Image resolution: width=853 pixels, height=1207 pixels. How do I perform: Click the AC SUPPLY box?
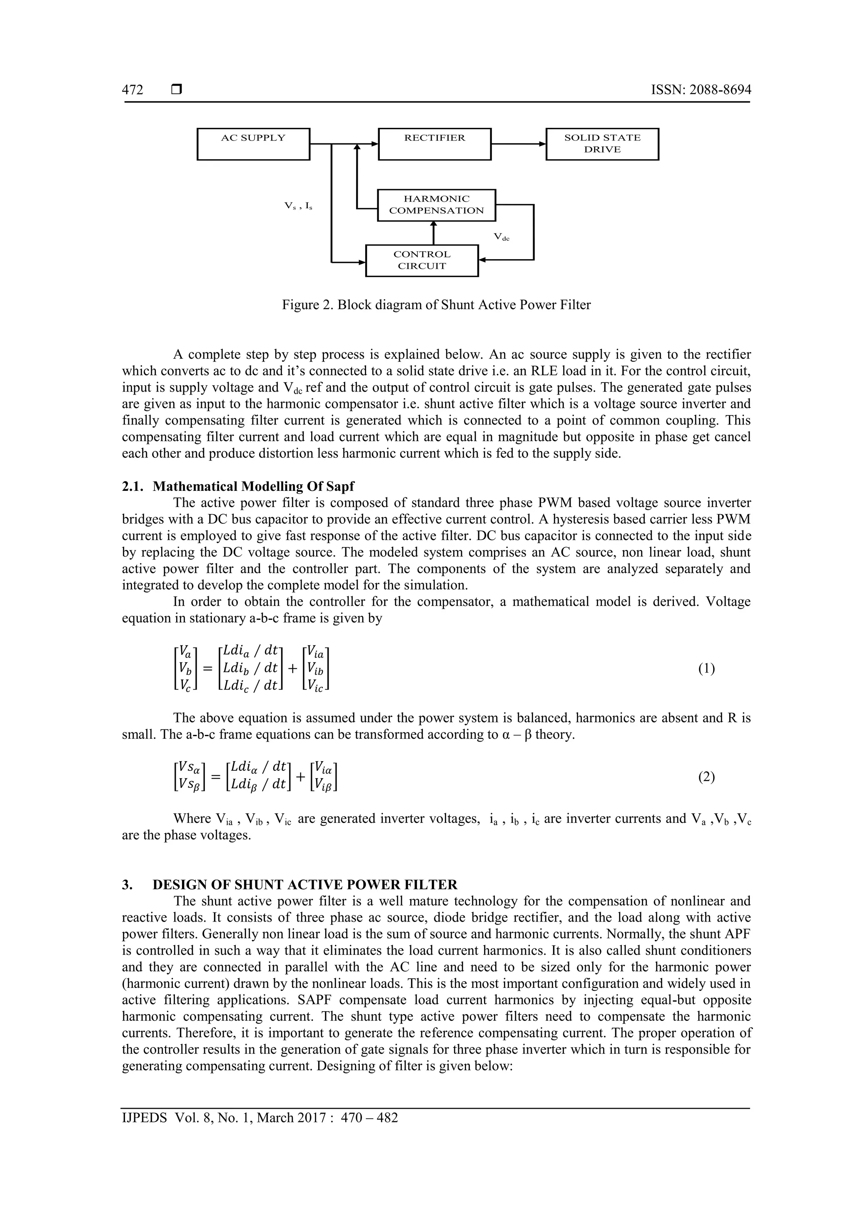click(253, 144)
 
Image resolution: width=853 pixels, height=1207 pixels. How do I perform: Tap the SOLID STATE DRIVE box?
click(602, 144)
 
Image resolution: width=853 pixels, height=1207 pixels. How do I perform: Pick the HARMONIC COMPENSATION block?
click(436, 205)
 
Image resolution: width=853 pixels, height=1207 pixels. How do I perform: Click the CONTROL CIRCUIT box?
click(422, 260)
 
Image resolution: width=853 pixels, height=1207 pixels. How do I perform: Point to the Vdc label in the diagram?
click(501, 237)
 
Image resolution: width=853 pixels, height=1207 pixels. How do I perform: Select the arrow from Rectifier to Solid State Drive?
click(518, 143)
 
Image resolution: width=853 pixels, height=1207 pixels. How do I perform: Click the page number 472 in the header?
click(132, 90)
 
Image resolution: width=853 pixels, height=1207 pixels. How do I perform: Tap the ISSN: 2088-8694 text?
click(701, 90)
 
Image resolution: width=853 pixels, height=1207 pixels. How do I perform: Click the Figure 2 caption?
click(436, 305)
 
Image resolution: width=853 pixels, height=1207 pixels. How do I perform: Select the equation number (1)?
click(706, 669)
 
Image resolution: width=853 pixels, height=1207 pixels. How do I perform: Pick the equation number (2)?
click(706, 777)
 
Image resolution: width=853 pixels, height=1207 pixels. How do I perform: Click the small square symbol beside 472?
click(177, 90)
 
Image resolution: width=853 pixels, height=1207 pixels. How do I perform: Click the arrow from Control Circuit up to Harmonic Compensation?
click(434, 233)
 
